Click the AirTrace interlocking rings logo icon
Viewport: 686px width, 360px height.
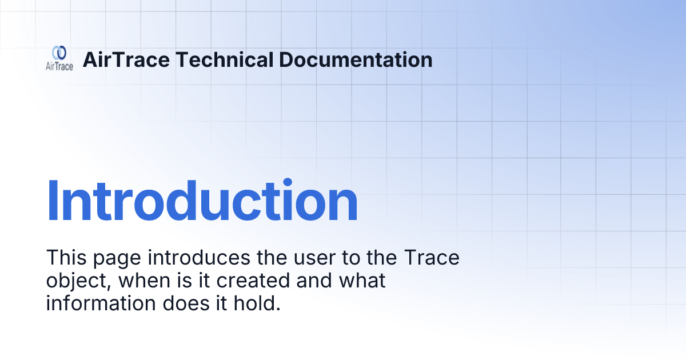(x=59, y=53)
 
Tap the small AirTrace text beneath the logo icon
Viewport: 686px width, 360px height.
(x=59, y=66)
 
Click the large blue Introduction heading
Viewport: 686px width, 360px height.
(x=202, y=201)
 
